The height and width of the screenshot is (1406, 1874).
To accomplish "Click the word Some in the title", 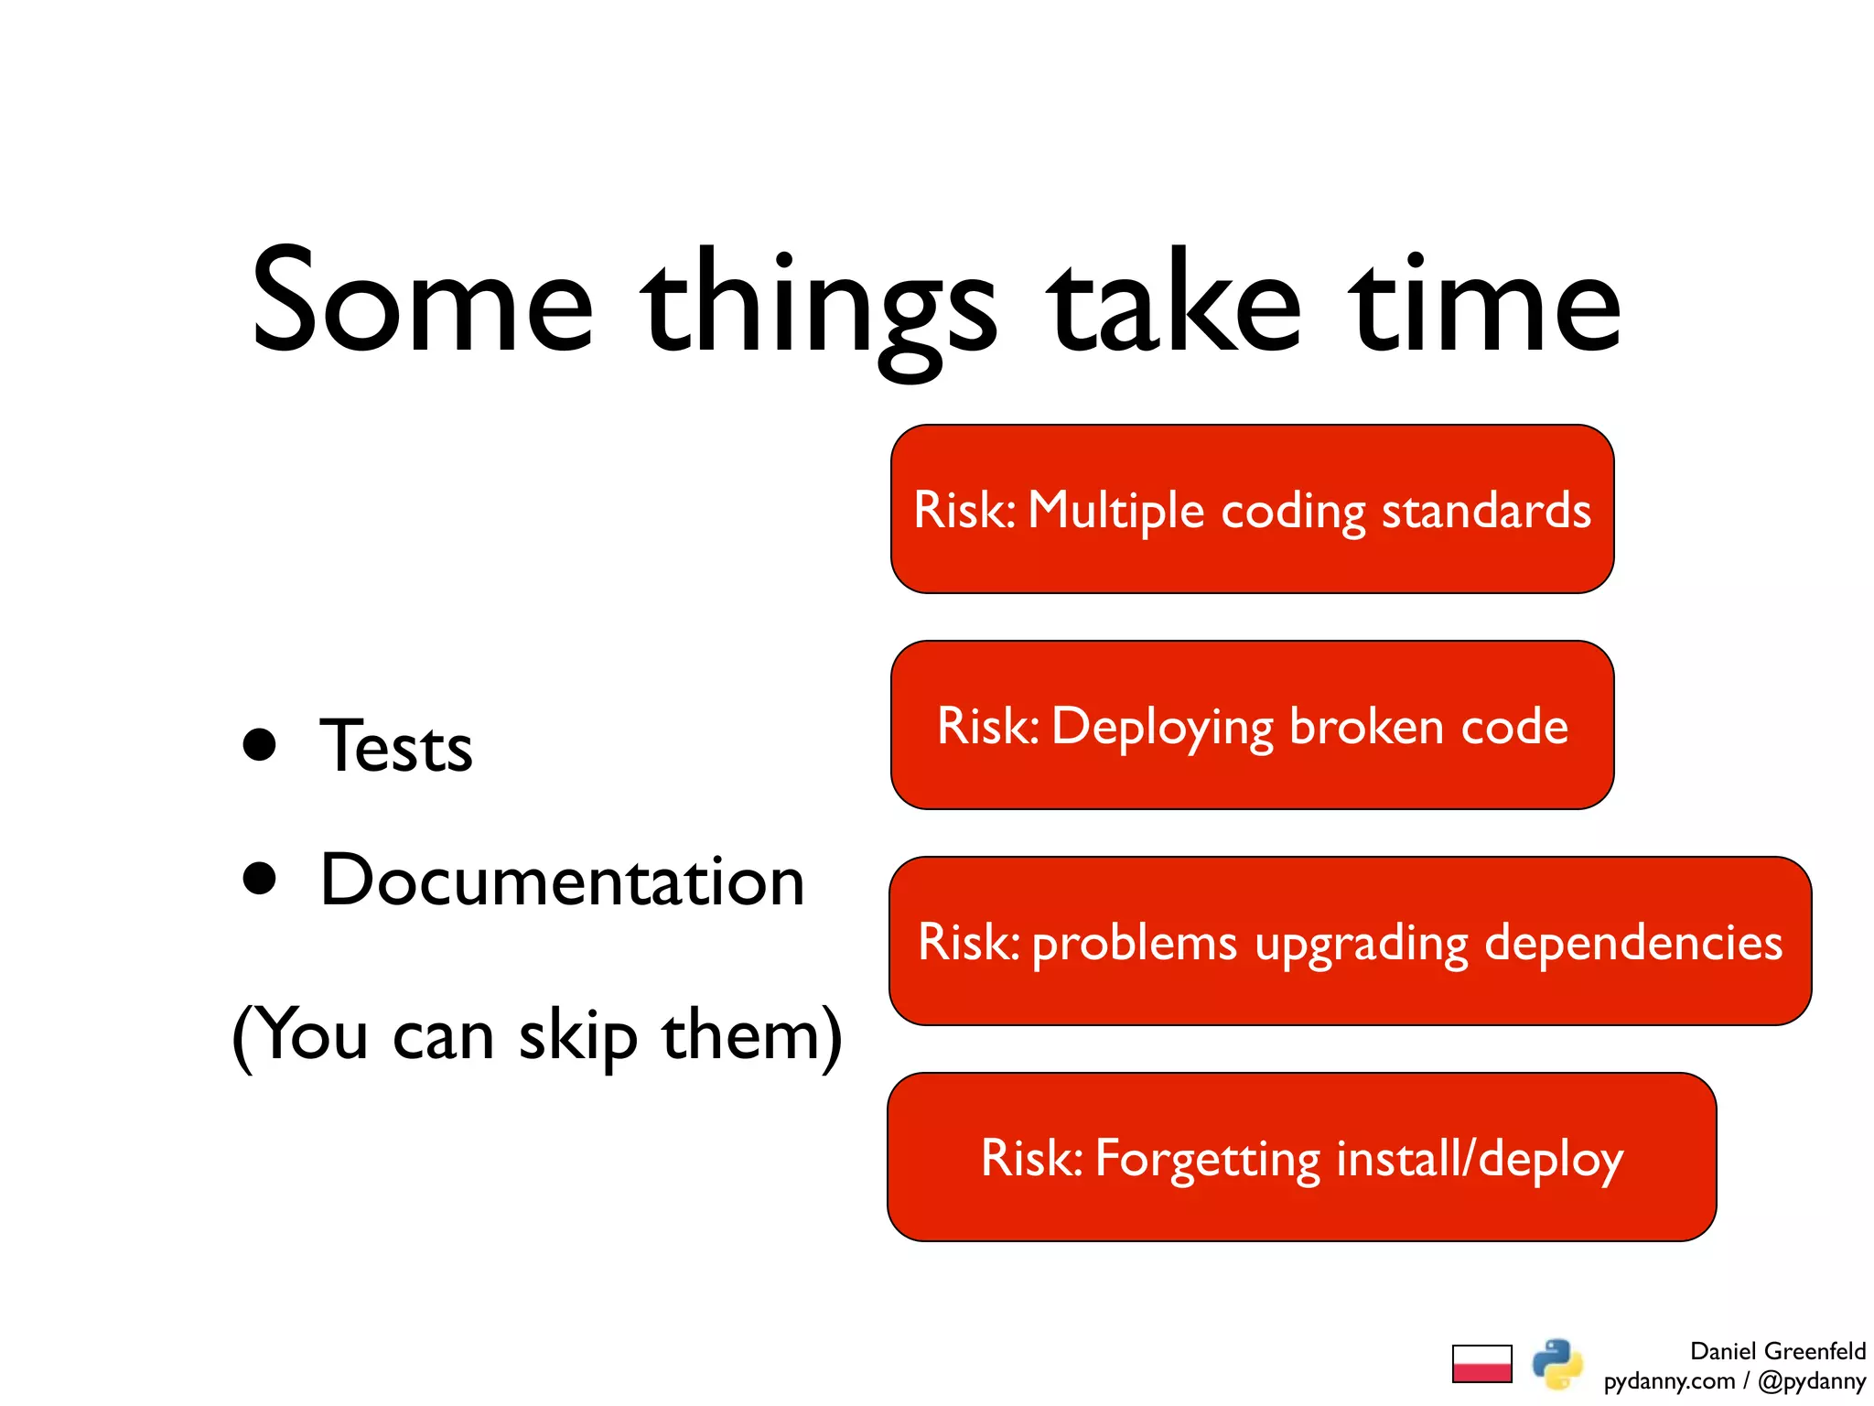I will tap(423, 302).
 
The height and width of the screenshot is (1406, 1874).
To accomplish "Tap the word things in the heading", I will tap(819, 307).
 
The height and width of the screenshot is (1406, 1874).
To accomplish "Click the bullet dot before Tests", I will tap(260, 745).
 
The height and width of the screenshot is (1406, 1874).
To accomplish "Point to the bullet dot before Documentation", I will tap(260, 879).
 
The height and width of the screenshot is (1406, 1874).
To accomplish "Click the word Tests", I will tap(396, 747).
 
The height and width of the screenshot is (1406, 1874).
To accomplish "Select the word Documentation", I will tap(562, 881).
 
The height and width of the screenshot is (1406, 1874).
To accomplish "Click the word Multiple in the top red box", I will tap(1115, 511).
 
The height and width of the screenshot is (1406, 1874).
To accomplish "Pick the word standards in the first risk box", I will tap(1486, 510).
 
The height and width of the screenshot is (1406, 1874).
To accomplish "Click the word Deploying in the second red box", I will tap(1162, 728).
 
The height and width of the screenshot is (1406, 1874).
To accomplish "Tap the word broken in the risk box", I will tap(1366, 727).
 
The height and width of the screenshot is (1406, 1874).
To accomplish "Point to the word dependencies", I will tap(1632, 943).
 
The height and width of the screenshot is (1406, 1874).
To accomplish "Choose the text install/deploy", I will tap(1480, 1159).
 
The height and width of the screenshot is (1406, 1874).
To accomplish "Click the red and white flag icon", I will tap(1481, 1364).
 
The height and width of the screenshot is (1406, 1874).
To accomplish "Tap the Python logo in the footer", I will tap(1557, 1364).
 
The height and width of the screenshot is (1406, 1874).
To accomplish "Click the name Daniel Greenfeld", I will tap(1777, 1351).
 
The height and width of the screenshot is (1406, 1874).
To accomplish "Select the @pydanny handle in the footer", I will tap(1811, 1380).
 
